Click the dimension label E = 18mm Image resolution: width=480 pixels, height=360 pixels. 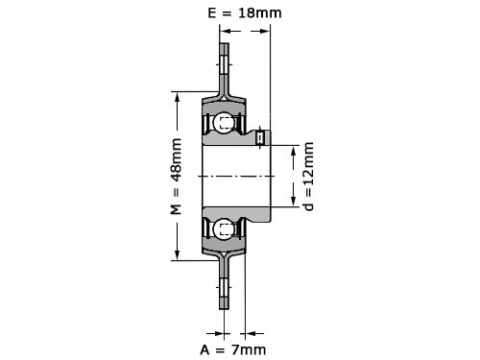pyautogui.click(x=245, y=12)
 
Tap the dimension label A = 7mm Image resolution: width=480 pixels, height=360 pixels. pyautogui.click(x=233, y=349)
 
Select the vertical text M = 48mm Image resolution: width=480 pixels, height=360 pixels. pyautogui.click(x=176, y=177)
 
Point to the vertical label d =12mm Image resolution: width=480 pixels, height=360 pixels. pyautogui.click(x=309, y=177)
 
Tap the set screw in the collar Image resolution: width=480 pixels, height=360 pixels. pyautogui.click(x=260, y=138)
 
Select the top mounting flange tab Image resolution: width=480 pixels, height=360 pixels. pyautogui.click(x=224, y=68)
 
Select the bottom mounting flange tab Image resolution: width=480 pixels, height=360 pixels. pyautogui.click(x=224, y=284)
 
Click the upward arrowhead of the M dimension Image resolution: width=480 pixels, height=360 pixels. pyautogui.click(x=177, y=98)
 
